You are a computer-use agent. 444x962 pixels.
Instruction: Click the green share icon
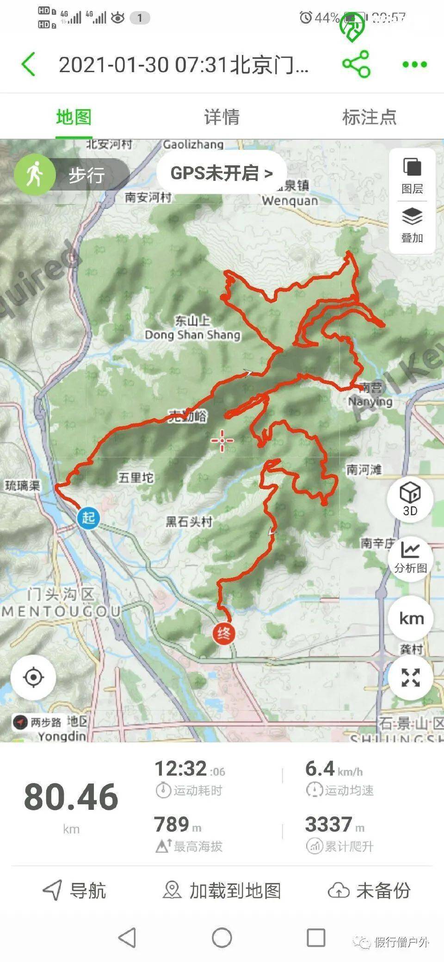pos(356,64)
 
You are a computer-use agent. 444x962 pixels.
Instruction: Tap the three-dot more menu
pos(414,64)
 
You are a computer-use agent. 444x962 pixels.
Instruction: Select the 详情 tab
pos(222,117)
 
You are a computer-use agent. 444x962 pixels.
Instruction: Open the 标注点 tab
pos(369,117)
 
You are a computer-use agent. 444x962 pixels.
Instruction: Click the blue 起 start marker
pos(88,517)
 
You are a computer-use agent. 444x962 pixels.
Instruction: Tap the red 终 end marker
pos(224,633)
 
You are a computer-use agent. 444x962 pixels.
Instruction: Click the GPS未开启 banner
pos(221,173)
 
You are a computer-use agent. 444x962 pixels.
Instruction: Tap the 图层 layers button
pos(412,175)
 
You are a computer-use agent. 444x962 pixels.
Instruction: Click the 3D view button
pos(410,498)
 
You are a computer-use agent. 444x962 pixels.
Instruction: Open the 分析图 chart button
pos(410,556)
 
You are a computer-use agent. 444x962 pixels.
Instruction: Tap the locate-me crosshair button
pos(33,678)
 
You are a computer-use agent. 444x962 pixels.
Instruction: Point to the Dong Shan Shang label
pos(192,334)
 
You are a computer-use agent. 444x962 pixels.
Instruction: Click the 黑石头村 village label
pos(189,522)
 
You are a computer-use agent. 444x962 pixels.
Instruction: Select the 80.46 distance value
pos(71,797)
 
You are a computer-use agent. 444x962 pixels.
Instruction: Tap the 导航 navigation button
pos(74,890)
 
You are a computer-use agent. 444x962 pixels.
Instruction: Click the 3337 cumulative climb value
pos(329,824)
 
